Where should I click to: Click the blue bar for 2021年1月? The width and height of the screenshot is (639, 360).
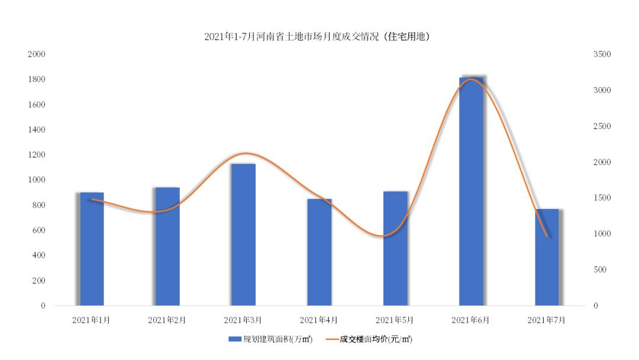92,249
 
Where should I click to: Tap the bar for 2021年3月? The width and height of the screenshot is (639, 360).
243,234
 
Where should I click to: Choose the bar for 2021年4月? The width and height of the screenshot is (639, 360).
319,252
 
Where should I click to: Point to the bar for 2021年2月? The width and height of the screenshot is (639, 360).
167,246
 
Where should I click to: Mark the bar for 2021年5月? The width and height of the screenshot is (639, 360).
395,249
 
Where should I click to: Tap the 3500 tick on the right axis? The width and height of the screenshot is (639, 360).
602,54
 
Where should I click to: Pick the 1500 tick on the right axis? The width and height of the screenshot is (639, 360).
602,198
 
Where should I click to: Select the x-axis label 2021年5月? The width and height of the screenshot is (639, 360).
395,320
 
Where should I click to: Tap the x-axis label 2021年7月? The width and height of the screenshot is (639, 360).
546,320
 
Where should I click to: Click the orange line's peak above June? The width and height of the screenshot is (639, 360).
472,79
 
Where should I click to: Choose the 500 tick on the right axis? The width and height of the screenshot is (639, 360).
601,270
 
